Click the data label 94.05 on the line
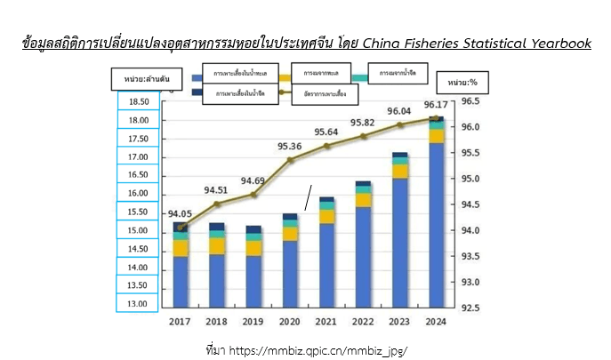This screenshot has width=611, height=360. (180, 213)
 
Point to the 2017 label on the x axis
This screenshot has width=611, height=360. (180, 322)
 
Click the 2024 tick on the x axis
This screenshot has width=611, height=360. (436, 322)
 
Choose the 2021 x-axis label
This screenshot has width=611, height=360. (326, 322)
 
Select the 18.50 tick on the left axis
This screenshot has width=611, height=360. (139, 102)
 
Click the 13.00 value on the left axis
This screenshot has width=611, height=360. (139, 304)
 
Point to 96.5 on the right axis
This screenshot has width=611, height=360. (470, 102)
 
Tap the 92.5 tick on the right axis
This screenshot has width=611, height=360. (470, 308)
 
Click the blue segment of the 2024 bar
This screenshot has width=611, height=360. (436, 222)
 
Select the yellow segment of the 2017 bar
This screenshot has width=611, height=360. (181, 248)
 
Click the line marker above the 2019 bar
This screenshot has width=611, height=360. (253, 194)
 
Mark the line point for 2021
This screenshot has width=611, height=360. (326, 146)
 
